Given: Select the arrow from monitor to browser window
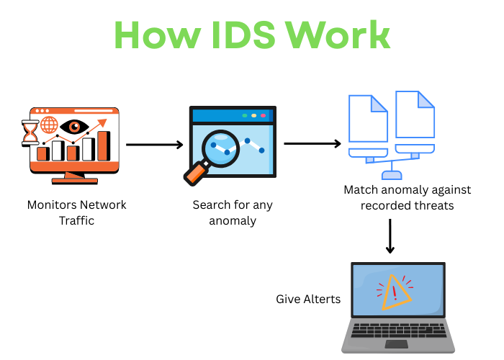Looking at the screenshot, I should pos(154,145).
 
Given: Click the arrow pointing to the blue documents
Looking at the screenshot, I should pos(312,143).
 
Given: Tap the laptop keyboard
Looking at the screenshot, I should pos(398,333).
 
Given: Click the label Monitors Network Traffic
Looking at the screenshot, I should pos(76,212).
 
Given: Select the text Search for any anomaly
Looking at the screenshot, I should pos(233,212).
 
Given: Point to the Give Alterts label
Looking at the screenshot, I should pos(308,299).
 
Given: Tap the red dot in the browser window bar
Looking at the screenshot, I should pos(263,115).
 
